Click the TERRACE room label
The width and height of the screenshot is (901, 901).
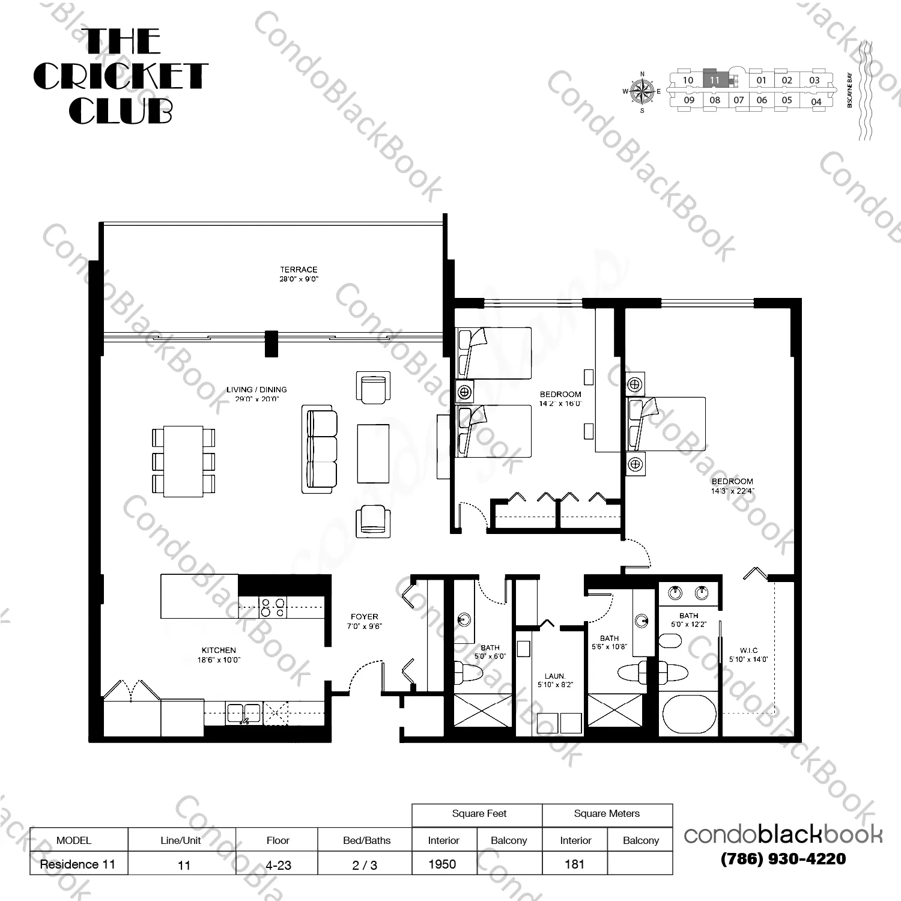[x=299, y=270]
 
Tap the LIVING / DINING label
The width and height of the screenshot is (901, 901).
[x=256, y=390]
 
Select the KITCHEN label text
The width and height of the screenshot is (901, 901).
[x=219, y=651]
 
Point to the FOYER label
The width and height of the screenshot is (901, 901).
[x=365, y=617]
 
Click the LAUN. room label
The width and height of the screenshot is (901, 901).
[x=555, y=676]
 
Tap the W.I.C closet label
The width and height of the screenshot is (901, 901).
[x=748, y=651]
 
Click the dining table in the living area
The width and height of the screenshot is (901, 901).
[x=183, y=461]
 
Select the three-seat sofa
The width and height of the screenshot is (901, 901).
[x=320, y=449]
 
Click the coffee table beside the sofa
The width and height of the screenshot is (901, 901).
[x=373, y=454]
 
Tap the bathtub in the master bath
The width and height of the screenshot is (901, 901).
[x=689, y=714]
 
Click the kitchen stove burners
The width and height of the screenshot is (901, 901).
[x=273, y=607]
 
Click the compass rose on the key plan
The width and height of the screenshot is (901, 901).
[x=642, y=92]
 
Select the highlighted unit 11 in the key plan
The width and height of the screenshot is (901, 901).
[x=715, y=79]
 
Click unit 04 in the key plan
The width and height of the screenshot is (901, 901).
[x=816, y=102]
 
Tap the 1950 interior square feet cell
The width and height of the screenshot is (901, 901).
[x=443, y=864]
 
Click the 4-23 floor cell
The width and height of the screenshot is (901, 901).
[x=278, y=865]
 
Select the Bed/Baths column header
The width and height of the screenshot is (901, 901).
[x=366, y=840]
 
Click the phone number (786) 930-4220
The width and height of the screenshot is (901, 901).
[x=783, y=859]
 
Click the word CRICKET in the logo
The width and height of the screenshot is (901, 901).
[x=120, y=76]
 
